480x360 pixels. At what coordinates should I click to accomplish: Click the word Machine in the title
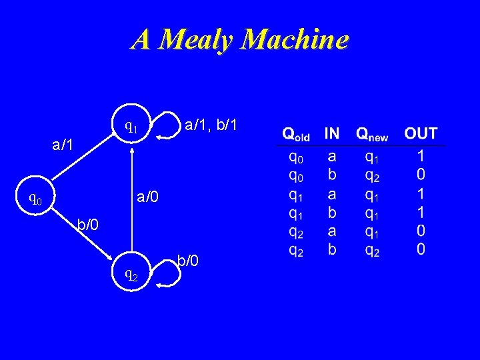pos(295,40)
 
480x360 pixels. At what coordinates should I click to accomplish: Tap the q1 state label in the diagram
pos(131,126)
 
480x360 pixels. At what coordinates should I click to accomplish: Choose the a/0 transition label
pos(149,197)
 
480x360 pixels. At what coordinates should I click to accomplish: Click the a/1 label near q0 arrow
pos(64,144)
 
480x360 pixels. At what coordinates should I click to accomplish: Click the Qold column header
pos(296,134)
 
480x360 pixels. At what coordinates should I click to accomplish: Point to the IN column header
pos(331,133)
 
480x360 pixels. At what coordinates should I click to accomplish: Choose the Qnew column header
pos(372,134)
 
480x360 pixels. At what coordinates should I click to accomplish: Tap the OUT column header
pos(421,133)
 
